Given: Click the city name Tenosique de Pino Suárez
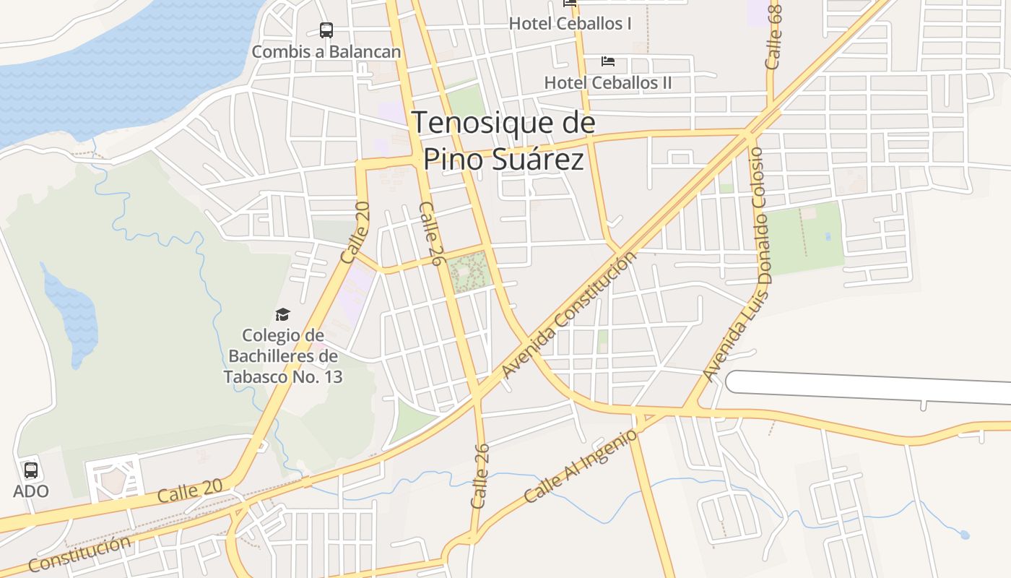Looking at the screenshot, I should click(x=503, y=141).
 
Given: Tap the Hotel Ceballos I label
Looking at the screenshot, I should click(x=570, y=24).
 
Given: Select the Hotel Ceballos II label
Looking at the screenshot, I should click(x=607, y=82).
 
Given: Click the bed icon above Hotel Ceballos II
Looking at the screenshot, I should click(x=608, y=61).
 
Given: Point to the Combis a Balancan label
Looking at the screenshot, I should click(x=326, y=52).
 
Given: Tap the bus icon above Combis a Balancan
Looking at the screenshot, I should click(x=326, y=30).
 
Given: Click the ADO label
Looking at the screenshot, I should click(x=31, y=491).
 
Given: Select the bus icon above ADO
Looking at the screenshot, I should click(x=31, y=470).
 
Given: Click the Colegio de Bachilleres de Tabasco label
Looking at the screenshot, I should click(x=282, y=356).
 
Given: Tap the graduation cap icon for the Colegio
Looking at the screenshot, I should click(x=282, y=314).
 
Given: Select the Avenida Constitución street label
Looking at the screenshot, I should click(x=570, y=315).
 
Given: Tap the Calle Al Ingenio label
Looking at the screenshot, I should click(x=581, y=466).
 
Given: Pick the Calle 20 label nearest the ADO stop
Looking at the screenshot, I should click(x=190, y=493).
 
